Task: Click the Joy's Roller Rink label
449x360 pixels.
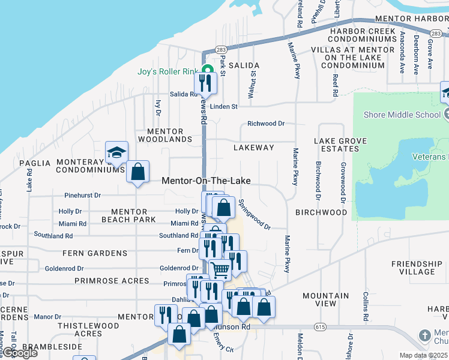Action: click(167, 72)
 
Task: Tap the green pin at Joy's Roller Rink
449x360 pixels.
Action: click(206, 70)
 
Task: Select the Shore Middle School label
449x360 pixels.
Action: click(399, 114)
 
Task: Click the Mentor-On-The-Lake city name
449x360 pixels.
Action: click(206, 181)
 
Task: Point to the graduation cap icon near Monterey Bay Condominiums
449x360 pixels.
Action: click(116, 152)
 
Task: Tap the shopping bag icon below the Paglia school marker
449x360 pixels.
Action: click(138, 172)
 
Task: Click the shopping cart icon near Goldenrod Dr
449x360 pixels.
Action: click(220, 271)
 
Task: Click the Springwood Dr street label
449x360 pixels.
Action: click(255, 214)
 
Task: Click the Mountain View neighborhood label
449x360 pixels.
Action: click(326, 300)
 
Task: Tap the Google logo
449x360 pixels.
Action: click(20, 353)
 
